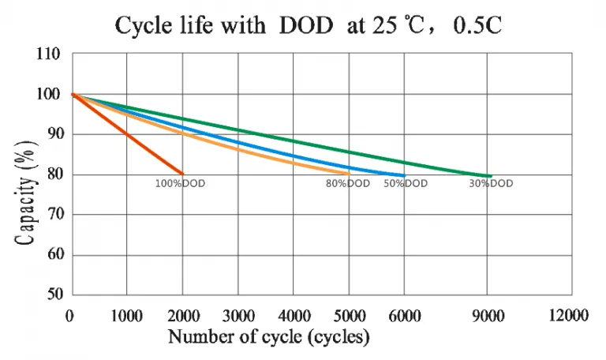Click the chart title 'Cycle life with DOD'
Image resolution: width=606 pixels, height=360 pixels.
pyautogui.click(x=224, y=25)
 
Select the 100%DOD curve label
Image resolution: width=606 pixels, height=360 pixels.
pyautogui.click(x=180, y=184)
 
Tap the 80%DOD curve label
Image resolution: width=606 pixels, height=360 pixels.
pyautogui.click(x=348, y=183)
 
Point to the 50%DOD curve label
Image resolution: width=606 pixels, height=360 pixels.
pyautogui.click(x=406, y=183)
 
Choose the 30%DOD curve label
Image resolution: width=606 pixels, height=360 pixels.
pyautogui.click(x=492, y=183)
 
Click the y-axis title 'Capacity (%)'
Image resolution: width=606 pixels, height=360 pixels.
pyautogui.click(x=26, y=193)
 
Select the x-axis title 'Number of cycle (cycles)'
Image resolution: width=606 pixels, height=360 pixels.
pyautogui.click(x=269, y=336)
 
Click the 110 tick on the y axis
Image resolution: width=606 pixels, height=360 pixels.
pyautogui.click(x=48, y=54)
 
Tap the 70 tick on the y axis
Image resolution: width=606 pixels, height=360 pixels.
pyautogui.click(x=55, y=214)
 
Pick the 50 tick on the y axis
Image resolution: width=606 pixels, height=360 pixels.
pyautogui.click(x=55, y=294)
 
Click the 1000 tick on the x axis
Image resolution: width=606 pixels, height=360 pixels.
pyautogui.click(x=127, y=316)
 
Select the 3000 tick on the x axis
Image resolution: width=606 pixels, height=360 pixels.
pyautogui.click(x=238, y=316)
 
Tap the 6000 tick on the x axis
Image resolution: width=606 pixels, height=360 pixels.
pyautogui.click(x=405, y=316)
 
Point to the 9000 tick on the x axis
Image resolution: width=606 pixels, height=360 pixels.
pyautogui.click(x=488, y=316)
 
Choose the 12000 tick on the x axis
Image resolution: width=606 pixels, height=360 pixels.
pyautogui.click(x=568, y=315)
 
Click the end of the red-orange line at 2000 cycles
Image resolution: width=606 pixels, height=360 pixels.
pyautogui.click(x=182, y=174)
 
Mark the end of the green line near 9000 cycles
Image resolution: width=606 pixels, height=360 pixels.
pyautogui.click(x=491, y=176)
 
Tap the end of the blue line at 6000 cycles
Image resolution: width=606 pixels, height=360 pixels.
pyautogui.click(x=404, y=175)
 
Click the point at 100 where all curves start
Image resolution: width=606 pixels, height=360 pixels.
pyautogui.click(x=73, y=94)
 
